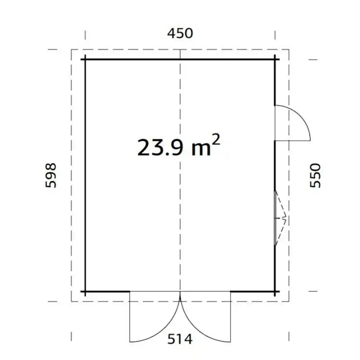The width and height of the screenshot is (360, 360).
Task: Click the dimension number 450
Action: click(x=180, y=33)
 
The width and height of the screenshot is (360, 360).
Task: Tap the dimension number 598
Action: click(x=51, y=175)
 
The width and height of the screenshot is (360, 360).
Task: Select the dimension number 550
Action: click(x=315, y=175)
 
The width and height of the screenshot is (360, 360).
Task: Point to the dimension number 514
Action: click(x=180, y=339)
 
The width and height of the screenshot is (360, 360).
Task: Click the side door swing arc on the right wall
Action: click(x=302, y=117)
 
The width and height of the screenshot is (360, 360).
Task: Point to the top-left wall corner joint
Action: click(x=85, y=59)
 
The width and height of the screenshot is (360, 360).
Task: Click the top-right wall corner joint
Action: click(x=275, y=59)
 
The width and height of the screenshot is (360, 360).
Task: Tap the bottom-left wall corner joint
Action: click(x=85, y=292)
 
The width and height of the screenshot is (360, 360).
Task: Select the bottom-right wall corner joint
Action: click(x=275, y=292)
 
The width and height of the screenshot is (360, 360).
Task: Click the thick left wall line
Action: click(x=85, y=174)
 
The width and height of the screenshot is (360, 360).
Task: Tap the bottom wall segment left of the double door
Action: click(x=107, y=292)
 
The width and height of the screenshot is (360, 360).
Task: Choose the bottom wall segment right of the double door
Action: click(x=252, y=292)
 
